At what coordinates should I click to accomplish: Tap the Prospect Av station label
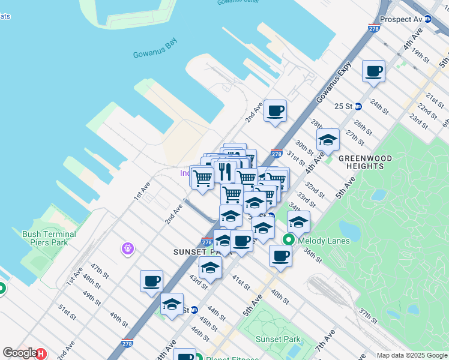pyautogui.click(x=401, y=19)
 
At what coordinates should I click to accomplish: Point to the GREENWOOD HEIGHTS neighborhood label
pyautogui.click(x=365, y=163)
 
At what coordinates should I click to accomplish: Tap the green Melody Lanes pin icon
pyautogui.click(x=289, y=240)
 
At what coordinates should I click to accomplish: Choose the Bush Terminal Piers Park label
pyautogui.click(x=49, y=238)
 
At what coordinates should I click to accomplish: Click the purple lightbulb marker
pyautogui.click(x=127, y=248)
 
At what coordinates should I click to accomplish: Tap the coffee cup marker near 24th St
pyautogui.click(x=374, y=71)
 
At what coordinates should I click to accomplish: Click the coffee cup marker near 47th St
pyautogui.click(x=151, y=281)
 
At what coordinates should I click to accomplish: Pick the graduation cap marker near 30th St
pyautogui.click(x=328, y=140)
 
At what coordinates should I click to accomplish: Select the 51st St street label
pyautogui.click(x=67, y=312)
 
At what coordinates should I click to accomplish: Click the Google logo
pyautogui.click(x=19, y=353)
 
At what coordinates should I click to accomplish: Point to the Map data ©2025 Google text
pyautogui.click(x=412, y=355)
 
